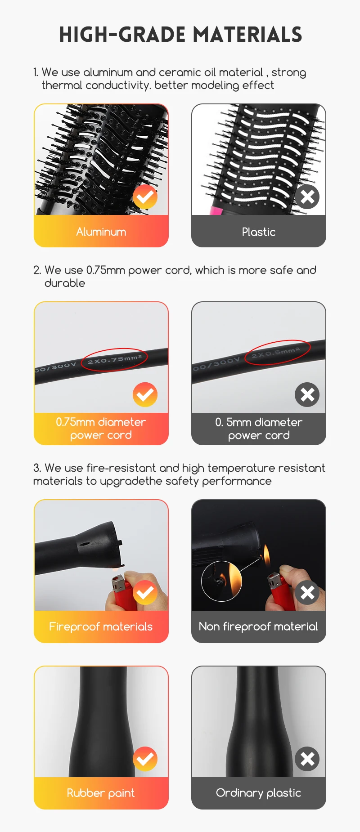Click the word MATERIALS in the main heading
[247, 35]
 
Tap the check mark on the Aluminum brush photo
[145, 197]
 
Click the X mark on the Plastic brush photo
[307, 197]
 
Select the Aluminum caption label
[101, 232]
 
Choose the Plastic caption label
[259, 232]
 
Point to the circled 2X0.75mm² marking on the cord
[115, 359]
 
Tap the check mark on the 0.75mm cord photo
[145, 394]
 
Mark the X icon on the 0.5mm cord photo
[307, 394]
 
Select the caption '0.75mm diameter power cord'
[101, 429]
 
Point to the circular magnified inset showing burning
[221, 581]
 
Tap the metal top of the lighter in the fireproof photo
[118, 583]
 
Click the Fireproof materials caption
[101, 626]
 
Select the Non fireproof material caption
[258, 626]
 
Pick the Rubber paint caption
[101, 793]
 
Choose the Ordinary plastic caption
[258, 793]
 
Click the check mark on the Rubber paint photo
[145, 759]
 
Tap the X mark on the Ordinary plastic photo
[307, 759]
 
